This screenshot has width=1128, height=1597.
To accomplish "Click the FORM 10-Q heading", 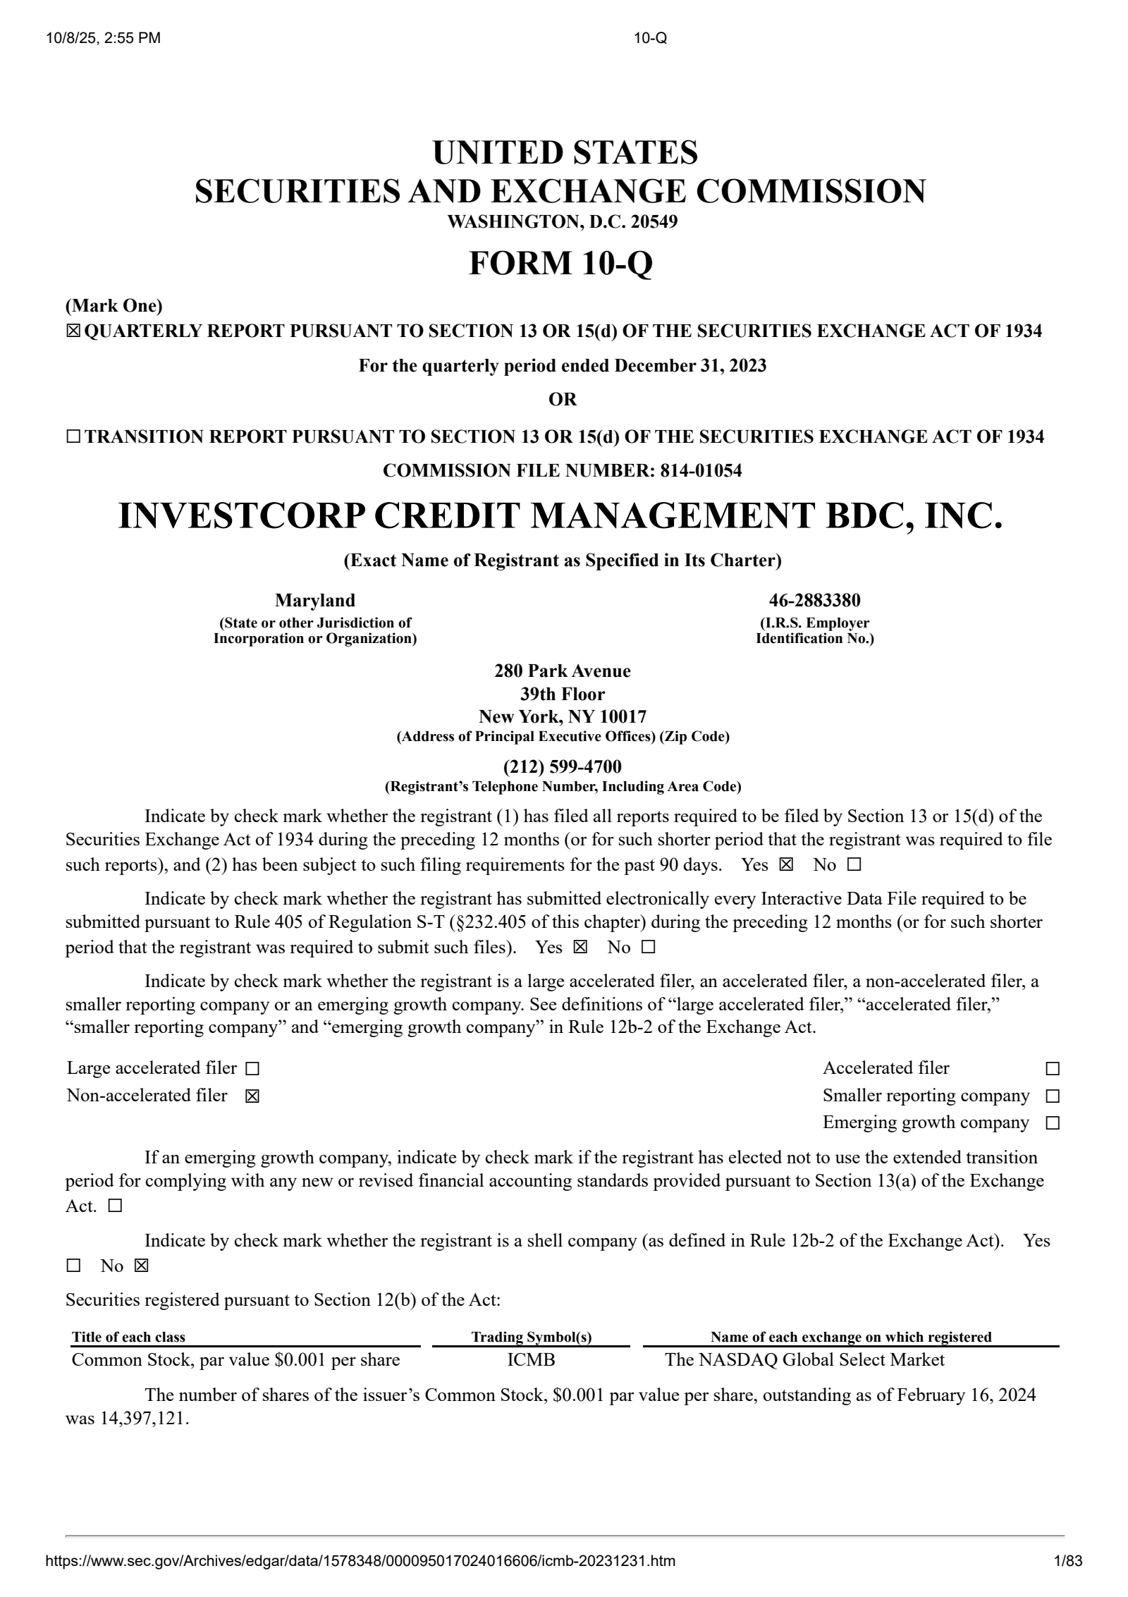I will (561, 263).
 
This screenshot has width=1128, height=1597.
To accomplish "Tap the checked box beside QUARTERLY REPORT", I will (73, 331).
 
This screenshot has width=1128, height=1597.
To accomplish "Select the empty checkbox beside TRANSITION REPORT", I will (73, 437).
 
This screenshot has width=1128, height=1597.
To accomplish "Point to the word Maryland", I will (314, 600).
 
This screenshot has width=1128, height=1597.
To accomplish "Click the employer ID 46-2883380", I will (814, 600).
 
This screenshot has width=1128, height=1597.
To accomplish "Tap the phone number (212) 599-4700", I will (562, 766).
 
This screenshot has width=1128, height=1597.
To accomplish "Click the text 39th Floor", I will (562, 694).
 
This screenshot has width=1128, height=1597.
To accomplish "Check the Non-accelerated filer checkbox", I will (252, 1096).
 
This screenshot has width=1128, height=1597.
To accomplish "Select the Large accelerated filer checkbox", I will (252, 1069).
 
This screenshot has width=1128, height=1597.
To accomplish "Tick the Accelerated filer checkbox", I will (1052, 1069).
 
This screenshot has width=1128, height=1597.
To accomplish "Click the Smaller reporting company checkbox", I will (1052, 1096).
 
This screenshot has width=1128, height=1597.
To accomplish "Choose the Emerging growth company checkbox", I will (1052, 1123).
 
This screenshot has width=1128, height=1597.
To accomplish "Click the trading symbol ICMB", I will (531, 1360).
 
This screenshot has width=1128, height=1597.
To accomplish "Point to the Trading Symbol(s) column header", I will (531, 1337).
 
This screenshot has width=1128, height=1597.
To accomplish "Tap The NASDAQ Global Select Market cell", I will (804, 1360).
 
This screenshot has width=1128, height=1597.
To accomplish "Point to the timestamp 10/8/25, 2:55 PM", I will (103, 38).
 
